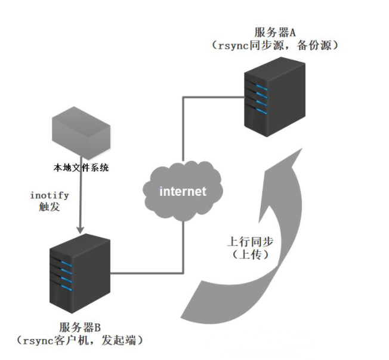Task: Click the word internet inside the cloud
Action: pos(182,192)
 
